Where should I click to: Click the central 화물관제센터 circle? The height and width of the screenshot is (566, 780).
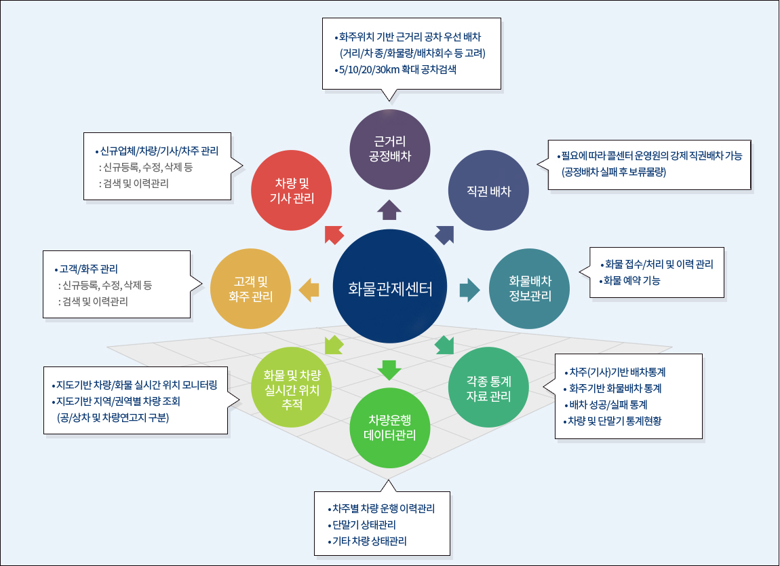pyautogui.click(x=389, y=288)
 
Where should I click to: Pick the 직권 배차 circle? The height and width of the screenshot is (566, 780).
pyautogui.click(x=489, y=191)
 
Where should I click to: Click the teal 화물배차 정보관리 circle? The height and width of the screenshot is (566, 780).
pyautogui.click(x=530, y=288)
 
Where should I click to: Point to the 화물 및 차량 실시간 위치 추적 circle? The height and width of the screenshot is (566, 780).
pyautogui.click(x=291, y=386)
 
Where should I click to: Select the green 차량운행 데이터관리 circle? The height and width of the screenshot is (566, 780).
pyautogui.click(x=390, y=428)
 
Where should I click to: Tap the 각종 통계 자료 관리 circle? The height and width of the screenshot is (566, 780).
pyautogui.click(x=488, y=388)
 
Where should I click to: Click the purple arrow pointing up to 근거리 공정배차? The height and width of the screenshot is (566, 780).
pyautogui.click(x=389, y=210)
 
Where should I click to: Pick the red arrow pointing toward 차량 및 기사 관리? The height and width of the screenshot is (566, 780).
pyautogui.click(x=334, y=233)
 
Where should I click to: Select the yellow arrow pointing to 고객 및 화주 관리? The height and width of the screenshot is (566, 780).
pyautogui.click(x=309, y=289)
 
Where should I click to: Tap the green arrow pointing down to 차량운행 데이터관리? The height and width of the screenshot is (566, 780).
pyautogui.click(x=389, y=369)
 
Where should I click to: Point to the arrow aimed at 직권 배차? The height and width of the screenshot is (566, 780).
pyautogui.click(x=445, y=233)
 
